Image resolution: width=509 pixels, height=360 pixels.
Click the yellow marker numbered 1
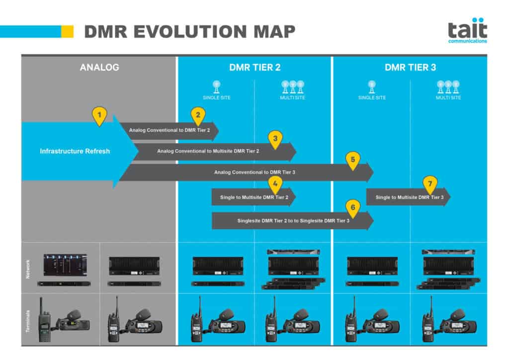tap(99, 115)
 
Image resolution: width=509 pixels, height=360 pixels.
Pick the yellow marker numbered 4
tap(275, 184)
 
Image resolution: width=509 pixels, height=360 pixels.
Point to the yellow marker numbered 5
tap(352, 160)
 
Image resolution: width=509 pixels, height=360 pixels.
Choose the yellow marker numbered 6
tap(352, 207)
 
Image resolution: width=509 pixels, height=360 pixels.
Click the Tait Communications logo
tap(467, 31)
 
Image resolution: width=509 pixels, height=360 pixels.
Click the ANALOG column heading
tap(99, 67)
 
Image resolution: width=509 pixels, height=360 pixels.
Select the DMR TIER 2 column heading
tap(255, 67)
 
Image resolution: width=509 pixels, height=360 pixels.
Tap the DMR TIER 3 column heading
tap(410, 67)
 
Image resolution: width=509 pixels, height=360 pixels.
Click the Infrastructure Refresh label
tap(75, 151)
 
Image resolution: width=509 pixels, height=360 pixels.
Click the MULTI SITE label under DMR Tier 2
tap(293, 97)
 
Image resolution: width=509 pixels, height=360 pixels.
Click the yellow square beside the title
tap(67, 31)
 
